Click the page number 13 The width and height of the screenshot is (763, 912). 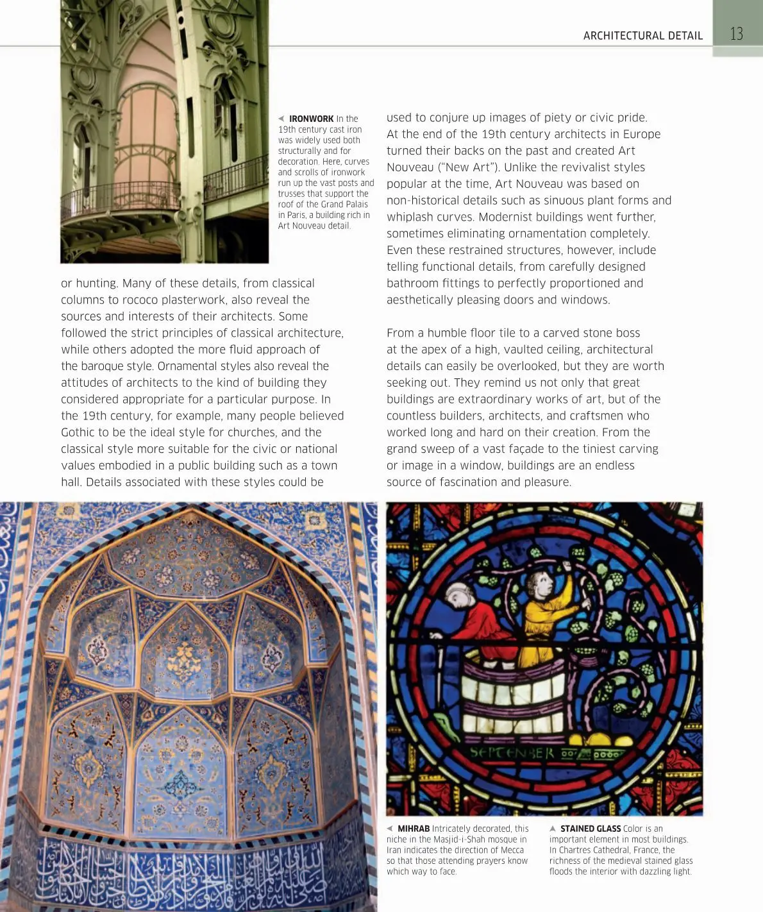(736, 34)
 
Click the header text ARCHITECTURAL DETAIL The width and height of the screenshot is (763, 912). (642, 36)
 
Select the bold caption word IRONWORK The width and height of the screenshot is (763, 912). (311, 119)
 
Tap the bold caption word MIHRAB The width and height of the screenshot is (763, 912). (414, 829)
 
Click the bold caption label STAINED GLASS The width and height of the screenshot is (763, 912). (591, 829)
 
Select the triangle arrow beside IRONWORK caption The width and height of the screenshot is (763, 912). (281, 119)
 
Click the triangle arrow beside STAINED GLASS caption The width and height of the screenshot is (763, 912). (553, 829)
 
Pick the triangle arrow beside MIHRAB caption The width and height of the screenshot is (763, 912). (390, 829)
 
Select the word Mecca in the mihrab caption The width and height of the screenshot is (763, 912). (512, 850)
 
